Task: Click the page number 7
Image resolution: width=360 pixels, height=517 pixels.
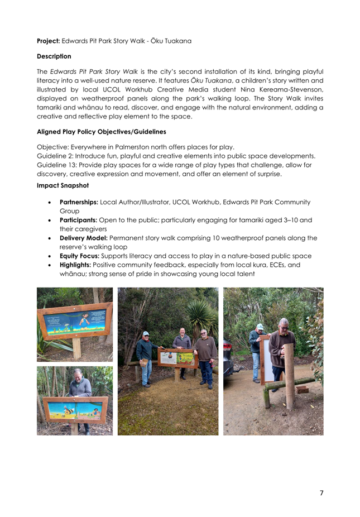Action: coord(321,493)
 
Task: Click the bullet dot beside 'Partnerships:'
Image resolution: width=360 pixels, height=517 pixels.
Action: coord(52,202)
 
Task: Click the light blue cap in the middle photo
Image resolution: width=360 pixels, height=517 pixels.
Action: coord(146,334)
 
